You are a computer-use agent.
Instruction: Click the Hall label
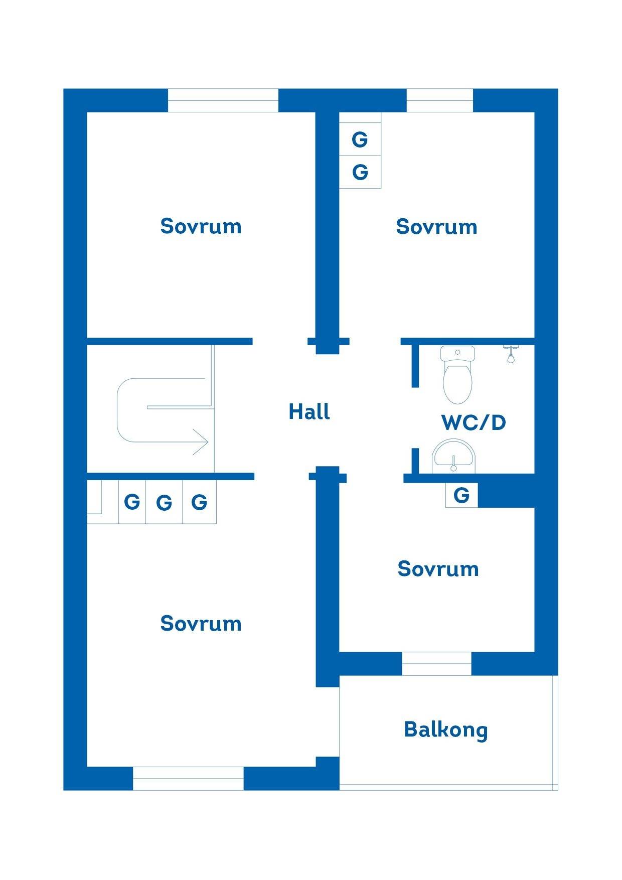(x=309, y=412)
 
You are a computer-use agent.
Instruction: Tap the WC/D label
(x=474, y=422)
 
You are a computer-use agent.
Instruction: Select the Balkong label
(x=446, y=730)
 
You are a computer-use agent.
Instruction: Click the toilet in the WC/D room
(x=457, y=375)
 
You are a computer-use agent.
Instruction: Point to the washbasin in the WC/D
(x=453, y=456)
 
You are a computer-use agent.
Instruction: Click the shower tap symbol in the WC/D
(x=510, y=354)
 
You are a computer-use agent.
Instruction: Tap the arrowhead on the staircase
(x=201, y=442)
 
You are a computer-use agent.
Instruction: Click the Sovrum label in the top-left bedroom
(x=201, y=226)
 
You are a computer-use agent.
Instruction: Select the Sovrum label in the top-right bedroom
(x=436, y=227)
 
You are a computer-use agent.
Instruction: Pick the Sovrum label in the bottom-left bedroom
(x=201, y=624)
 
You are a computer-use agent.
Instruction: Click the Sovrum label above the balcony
(x=438, y=569)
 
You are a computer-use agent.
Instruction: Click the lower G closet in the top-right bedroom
(x=360, y=172)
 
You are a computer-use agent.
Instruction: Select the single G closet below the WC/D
(x=461, y=496)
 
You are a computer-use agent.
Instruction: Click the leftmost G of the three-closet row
(x=132, y=502)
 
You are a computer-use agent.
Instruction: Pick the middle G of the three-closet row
(x=164, y=502)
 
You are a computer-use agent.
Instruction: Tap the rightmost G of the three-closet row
(x=199, y=502)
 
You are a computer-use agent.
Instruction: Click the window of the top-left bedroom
(x=223, y=100)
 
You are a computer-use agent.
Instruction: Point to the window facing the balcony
(x=436, y=663)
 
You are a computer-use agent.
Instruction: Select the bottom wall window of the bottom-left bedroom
(x=188, y=778)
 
